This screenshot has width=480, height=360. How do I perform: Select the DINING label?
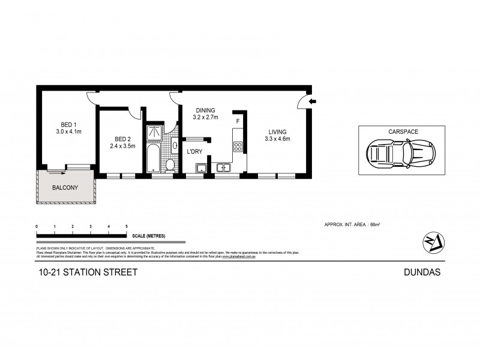point(205,110)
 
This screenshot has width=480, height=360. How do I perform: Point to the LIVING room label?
point(277,132)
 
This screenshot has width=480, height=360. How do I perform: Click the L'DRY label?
point(195,152)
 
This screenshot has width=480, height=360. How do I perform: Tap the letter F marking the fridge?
point(238,122)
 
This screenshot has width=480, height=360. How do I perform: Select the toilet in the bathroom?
point(170,164)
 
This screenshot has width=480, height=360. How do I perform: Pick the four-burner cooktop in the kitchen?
point(238,146)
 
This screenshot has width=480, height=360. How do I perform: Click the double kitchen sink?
point(224,167)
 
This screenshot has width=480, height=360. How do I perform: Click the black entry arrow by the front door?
point(312,102)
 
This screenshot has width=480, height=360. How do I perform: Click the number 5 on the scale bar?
point(127,226)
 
